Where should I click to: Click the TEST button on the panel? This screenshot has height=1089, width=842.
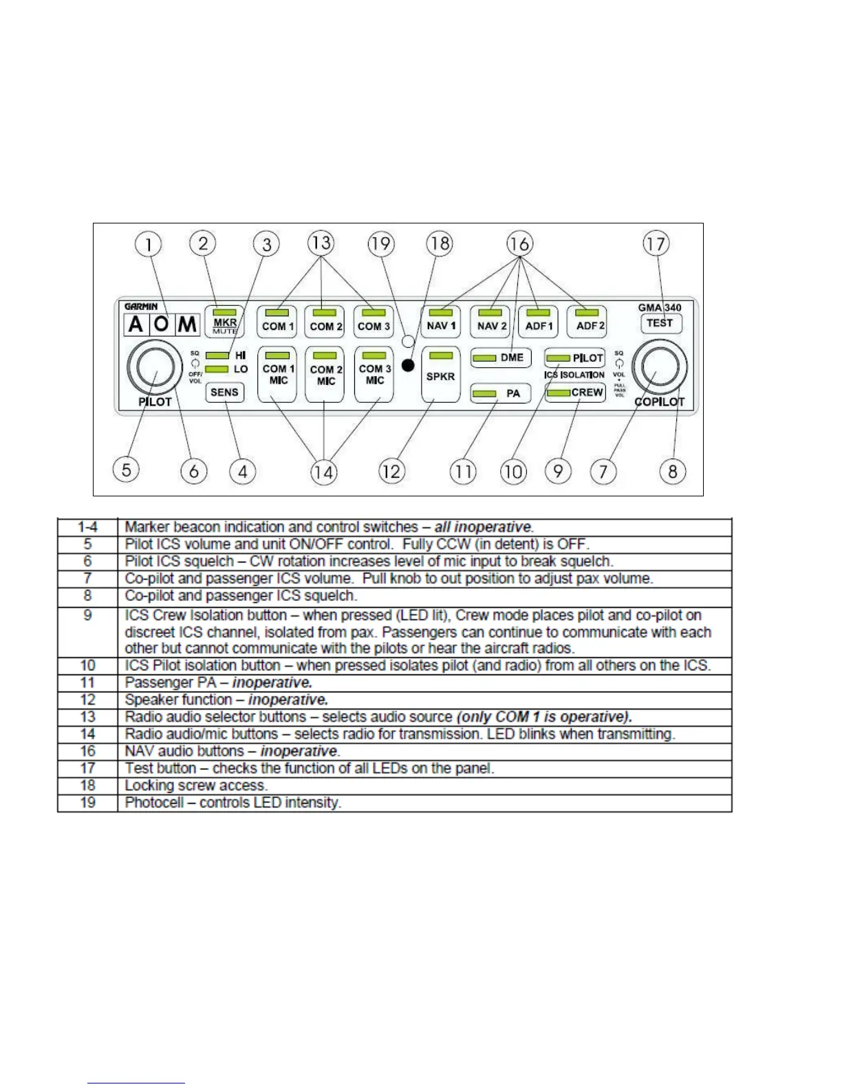[x=660, y=323]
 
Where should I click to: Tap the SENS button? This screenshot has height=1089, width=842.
[x=224, y=393]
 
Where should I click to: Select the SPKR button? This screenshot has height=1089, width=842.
[x=440, y=375]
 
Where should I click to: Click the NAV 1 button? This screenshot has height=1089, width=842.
[x=440, y=322]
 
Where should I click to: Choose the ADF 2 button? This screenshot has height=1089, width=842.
[x=587, y=322]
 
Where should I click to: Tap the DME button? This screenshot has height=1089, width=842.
[x=501, y=357]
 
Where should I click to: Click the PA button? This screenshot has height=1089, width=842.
[x=501, y=393]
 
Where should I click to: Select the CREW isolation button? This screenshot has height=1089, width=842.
[x=575, y=393]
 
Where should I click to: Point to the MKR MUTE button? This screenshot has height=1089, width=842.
[x=225, y=322]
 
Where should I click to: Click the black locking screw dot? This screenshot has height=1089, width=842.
[x=408, y=366]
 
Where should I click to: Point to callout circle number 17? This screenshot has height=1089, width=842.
[x=656, y=243]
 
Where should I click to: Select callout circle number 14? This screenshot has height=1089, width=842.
[x=323, y=472]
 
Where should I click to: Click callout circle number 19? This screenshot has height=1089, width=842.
[x=380, y=243]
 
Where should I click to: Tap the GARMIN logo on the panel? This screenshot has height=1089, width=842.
[x=141, y=307]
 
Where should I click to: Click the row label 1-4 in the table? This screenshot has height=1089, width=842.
[x=87, y=527]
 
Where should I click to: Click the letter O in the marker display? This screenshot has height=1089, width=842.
[x=162, y=324]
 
